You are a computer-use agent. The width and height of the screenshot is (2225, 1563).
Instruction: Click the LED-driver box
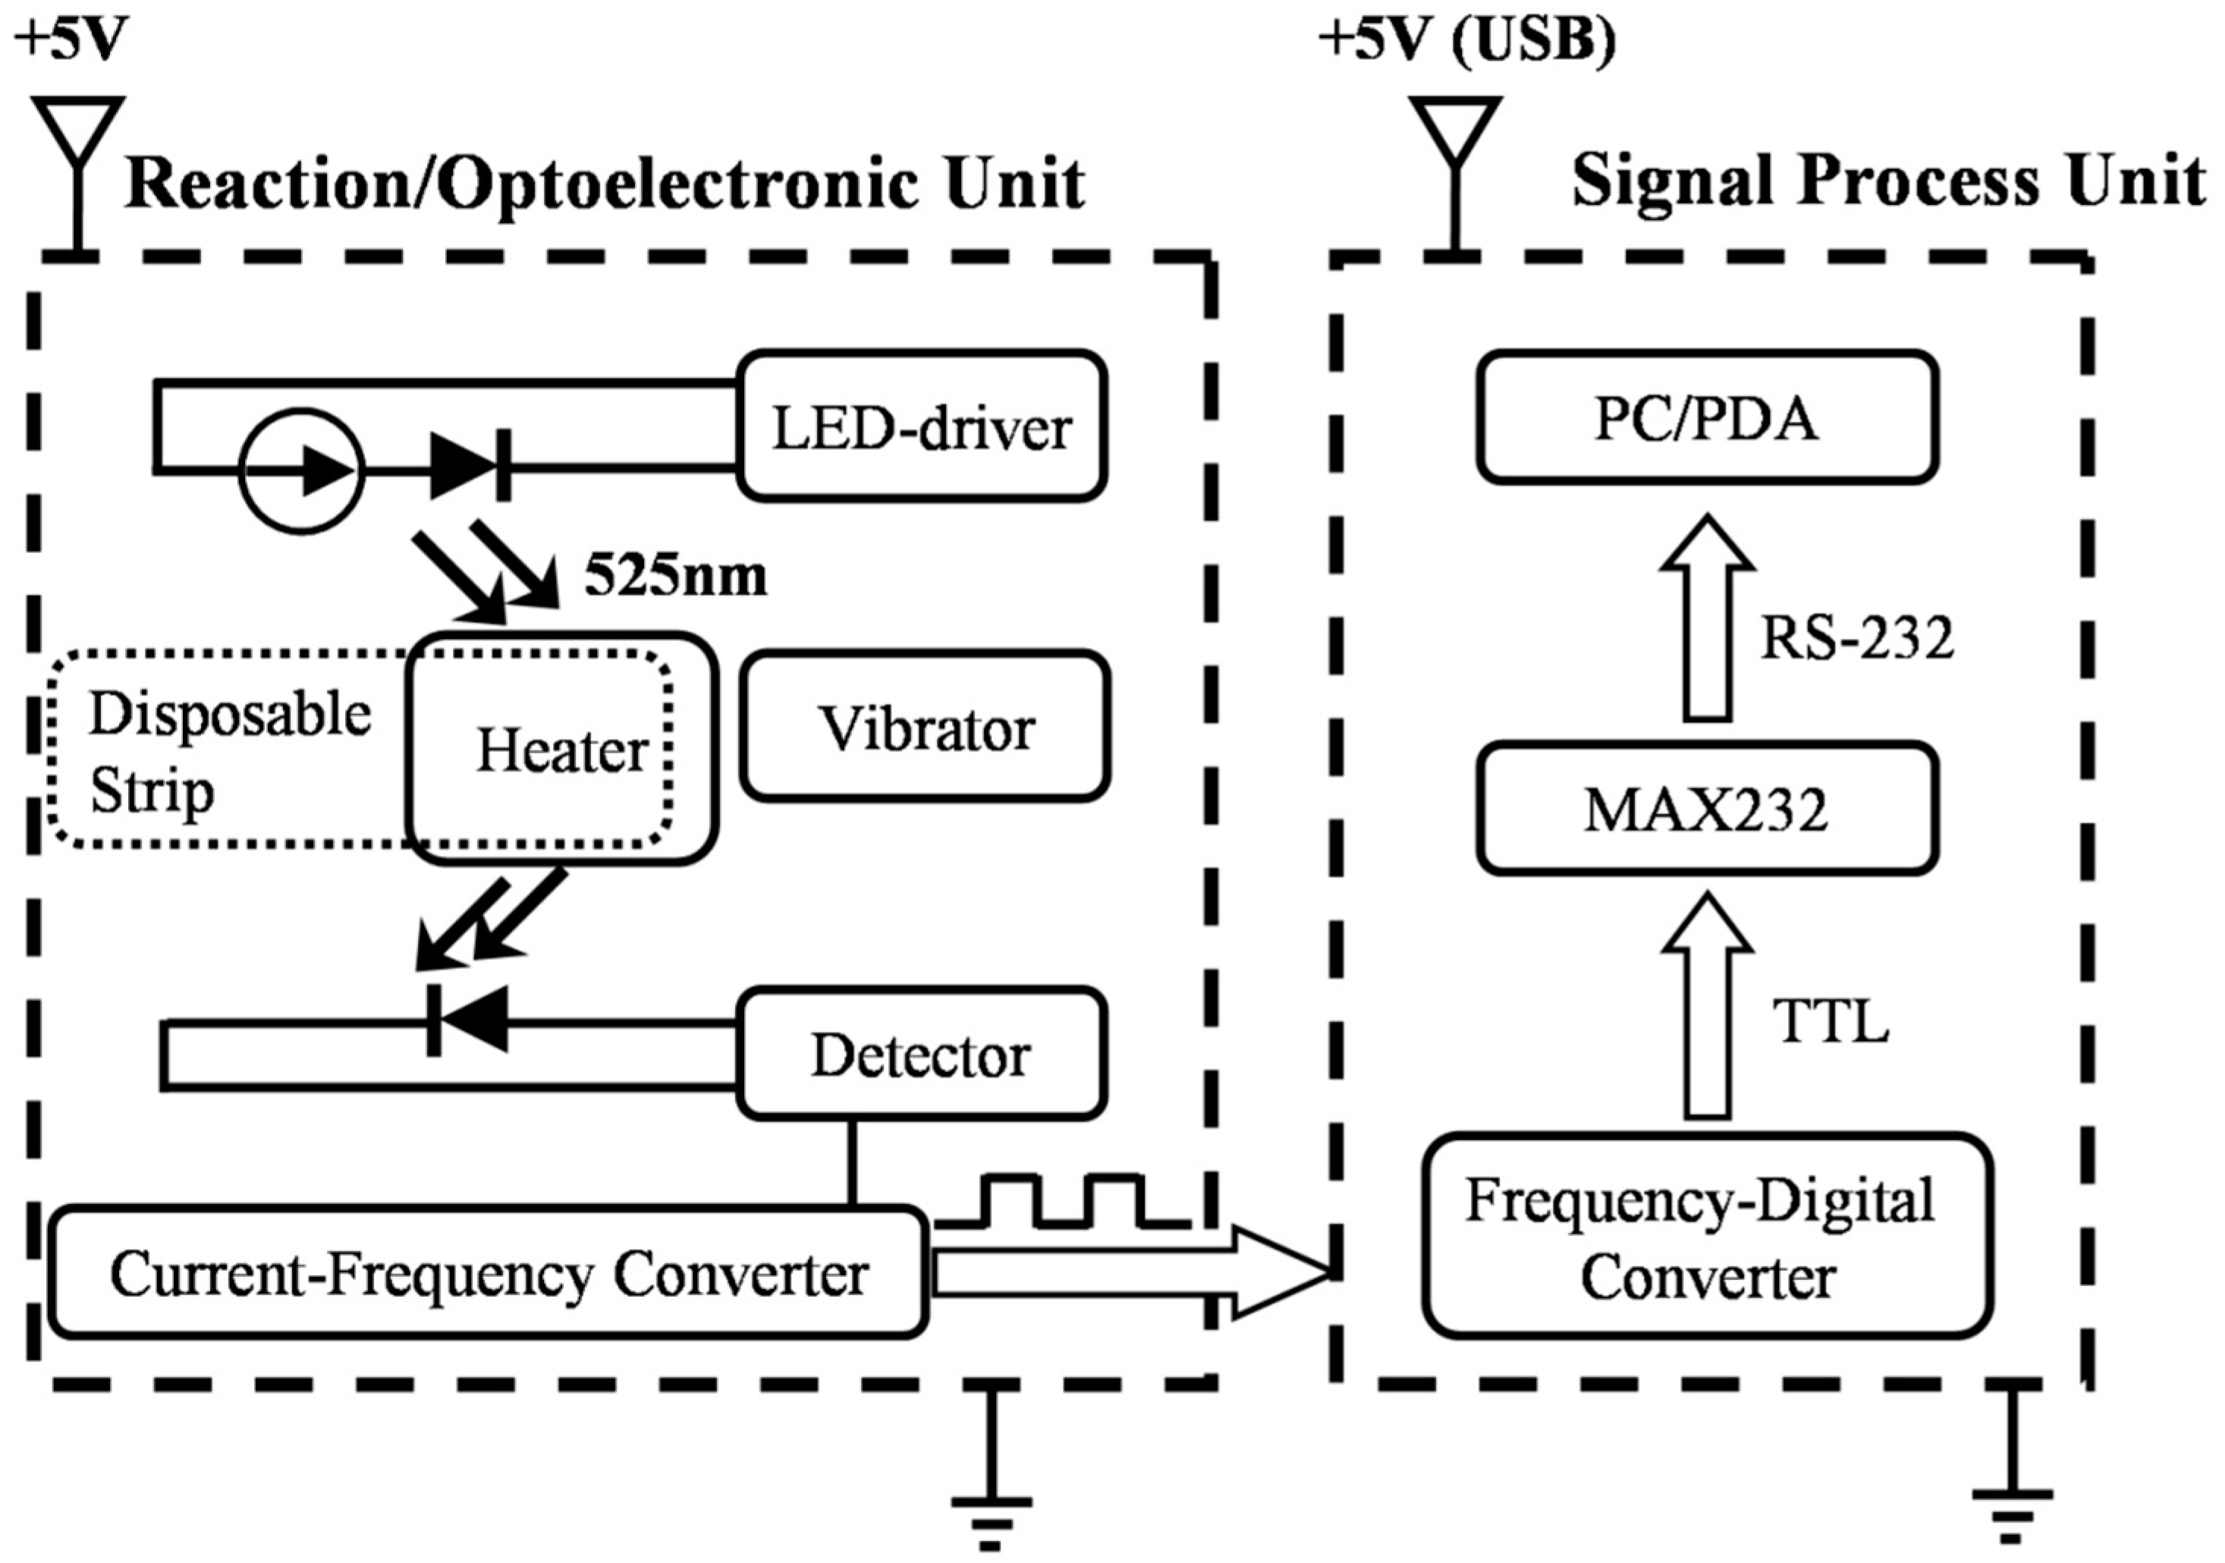coord(922,427)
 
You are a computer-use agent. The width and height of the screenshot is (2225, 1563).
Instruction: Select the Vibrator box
coord(926,728)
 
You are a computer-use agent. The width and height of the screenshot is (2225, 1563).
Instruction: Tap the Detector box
coord(922,1055)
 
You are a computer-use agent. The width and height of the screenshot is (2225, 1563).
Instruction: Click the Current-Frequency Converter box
coord(489,1273)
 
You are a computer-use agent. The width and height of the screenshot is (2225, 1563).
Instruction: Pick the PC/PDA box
coord(1707,417)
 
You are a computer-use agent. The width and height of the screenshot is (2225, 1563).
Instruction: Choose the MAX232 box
coord(1707,809)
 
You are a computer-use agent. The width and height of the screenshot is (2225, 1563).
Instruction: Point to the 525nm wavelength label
coord(675,577)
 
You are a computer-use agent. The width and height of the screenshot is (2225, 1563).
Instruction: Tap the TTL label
coord(1831,1021)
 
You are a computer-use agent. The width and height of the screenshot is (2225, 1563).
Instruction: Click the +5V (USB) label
coord(1467,43)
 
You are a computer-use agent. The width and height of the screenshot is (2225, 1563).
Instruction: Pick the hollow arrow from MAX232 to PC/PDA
coord(1707,620)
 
